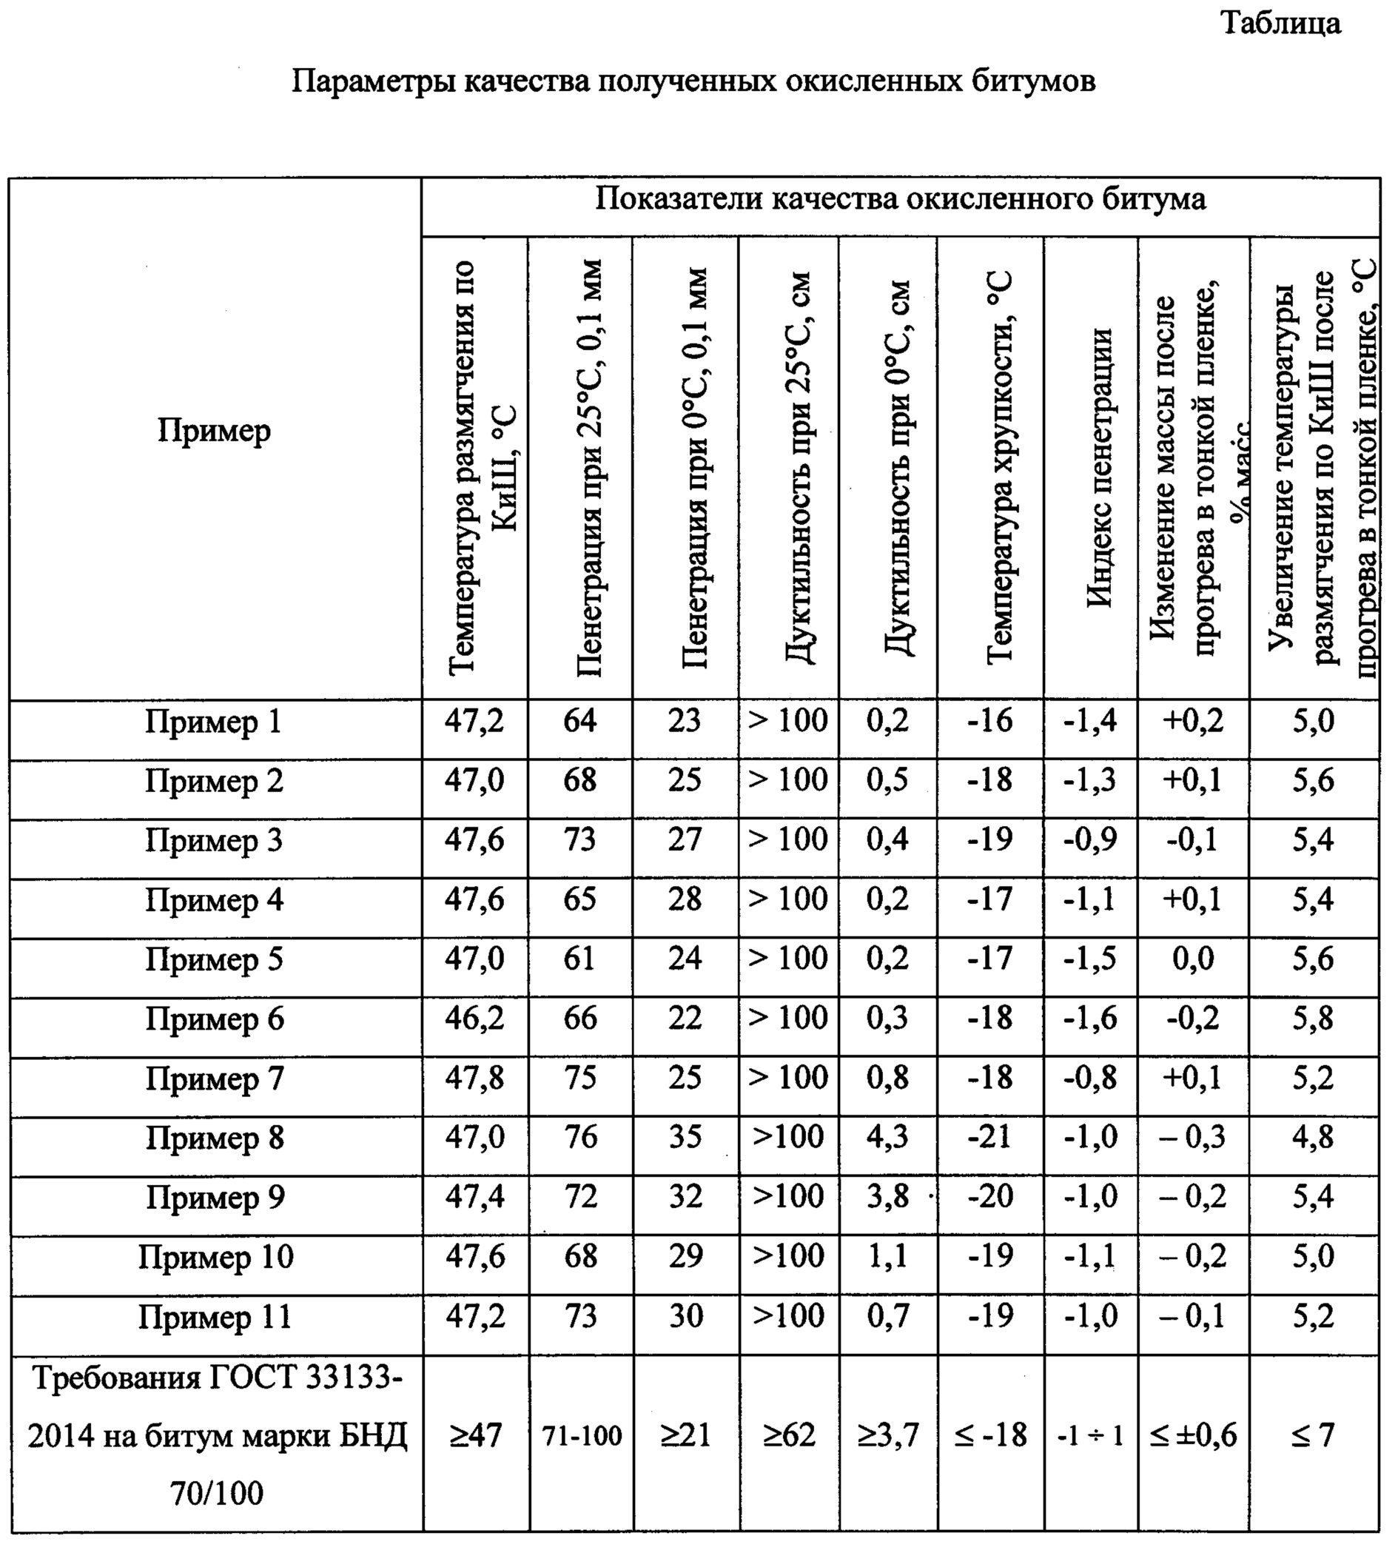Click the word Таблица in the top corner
(1280, 23)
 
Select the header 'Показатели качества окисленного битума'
(899, 199)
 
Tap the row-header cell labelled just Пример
(215, 431)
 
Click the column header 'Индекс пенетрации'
(1099, 469)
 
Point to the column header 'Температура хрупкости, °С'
(999, 469)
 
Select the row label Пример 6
(215, 1019)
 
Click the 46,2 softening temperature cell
(474, 1019)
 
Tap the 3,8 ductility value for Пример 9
(887, 1197)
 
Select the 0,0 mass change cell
(1193, 959)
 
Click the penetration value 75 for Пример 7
(580, 1078)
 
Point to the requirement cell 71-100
(582, 1435)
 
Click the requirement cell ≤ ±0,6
(1193, 1435)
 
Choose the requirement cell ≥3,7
(888, 1435)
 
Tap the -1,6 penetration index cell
(1090, 1019)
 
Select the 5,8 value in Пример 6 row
(1313, 1019)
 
